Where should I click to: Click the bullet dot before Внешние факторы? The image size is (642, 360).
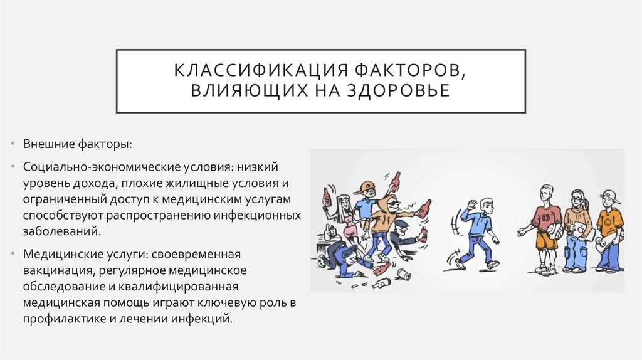coord(14,144)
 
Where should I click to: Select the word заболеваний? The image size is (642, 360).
coord(61,231)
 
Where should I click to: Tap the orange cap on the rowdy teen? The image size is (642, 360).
coord(364,186)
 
